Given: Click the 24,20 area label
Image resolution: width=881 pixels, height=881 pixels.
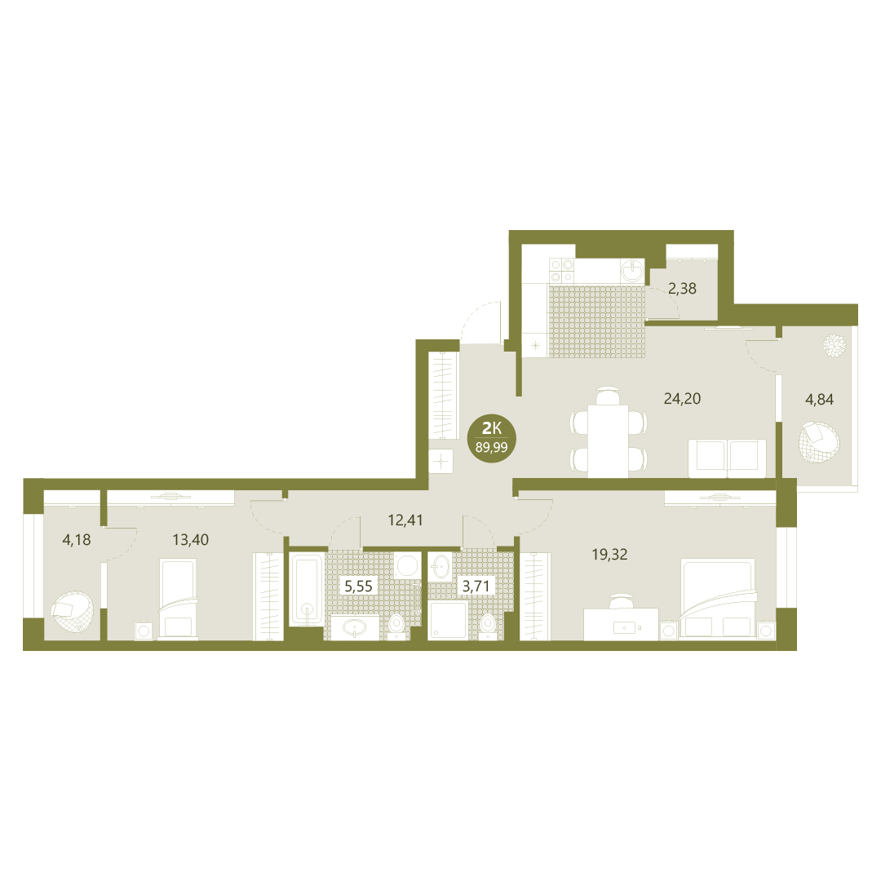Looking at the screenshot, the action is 682,399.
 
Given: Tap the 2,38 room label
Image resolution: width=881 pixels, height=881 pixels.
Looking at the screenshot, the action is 682,289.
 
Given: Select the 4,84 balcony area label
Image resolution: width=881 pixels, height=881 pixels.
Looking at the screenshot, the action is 819,400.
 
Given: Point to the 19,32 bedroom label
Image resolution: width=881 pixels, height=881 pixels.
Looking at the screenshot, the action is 609,555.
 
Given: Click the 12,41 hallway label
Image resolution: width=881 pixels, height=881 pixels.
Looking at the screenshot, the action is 405,520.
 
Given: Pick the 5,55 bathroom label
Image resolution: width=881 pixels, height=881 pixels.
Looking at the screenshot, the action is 358,587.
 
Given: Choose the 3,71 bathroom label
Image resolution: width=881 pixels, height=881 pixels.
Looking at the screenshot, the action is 476,587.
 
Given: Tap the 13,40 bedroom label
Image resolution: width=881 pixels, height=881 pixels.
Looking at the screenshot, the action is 190,540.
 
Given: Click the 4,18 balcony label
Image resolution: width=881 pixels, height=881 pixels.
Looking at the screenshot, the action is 77,540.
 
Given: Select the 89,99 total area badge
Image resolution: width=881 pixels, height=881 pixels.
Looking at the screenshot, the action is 492,438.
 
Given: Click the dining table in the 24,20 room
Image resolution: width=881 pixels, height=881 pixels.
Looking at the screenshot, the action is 608,441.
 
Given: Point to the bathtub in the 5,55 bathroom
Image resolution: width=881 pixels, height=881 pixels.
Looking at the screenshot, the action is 306,590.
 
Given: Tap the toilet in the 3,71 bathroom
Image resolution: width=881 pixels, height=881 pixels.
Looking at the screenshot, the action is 487,626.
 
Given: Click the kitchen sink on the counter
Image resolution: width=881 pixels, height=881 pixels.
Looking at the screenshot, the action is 634,270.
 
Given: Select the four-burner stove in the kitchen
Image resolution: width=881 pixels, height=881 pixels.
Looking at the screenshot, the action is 562,270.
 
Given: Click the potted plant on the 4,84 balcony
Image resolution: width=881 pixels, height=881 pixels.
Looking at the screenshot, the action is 835,345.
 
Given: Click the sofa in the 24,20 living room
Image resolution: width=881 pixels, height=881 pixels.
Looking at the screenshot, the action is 727,458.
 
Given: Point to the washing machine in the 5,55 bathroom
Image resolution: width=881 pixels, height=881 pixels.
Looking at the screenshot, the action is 406,564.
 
